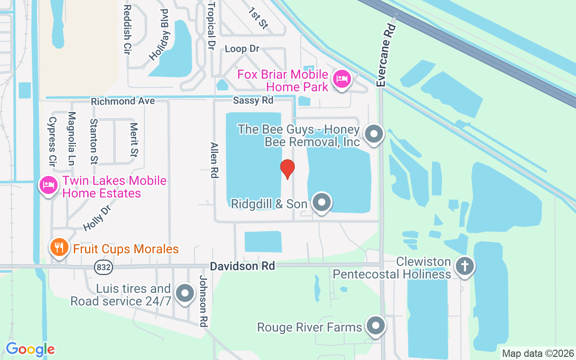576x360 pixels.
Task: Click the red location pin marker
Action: click(287, 169)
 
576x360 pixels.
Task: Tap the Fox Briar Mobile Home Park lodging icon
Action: click(342, 79)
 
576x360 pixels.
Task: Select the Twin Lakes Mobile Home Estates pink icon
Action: click(48, 185)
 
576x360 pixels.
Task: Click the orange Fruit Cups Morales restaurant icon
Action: click(58, 247)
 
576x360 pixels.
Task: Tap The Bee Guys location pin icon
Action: click(373, 134)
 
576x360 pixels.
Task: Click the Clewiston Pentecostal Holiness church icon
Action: click(464, 266)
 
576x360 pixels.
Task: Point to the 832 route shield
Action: click(103, 267)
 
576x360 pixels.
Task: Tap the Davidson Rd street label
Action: click(242, 266)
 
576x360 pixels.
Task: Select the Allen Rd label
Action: click(214, 160)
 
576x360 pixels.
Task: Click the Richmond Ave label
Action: click(123, 101)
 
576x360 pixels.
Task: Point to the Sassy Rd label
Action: click(253, 100)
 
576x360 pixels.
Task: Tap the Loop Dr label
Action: click(242, 49)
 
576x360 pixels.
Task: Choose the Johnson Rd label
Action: click(203, 301)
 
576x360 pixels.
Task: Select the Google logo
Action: click(30, 349)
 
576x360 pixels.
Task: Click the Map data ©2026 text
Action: click(538, 354)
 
